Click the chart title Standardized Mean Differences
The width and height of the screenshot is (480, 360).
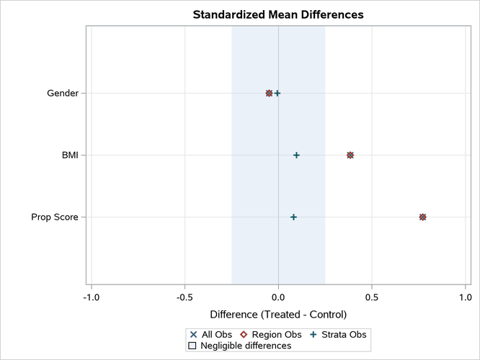[277, 14]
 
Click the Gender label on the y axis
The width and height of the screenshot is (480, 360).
[63, 93]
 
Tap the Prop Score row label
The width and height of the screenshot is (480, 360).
[55, 217]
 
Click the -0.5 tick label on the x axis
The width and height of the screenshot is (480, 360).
[185, 297]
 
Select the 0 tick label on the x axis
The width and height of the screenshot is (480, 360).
[278, 297]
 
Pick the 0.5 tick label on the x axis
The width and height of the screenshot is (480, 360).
[371, 297]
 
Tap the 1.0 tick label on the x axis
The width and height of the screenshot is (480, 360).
[465, 297]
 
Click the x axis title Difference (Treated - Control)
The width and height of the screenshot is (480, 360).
[277, 315]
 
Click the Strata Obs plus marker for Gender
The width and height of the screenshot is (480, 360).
[277, 93]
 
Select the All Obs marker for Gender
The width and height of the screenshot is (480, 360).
[269, 93]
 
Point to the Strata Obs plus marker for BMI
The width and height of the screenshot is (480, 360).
[296, 155]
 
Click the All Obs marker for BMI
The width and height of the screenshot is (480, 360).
[350, 155]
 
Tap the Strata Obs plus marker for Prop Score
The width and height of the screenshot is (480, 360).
[293, 217]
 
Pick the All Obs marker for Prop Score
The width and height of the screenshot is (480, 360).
[422, 217]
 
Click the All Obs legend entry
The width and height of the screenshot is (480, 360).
[210, 334]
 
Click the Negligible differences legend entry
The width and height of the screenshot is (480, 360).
[239, 346]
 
